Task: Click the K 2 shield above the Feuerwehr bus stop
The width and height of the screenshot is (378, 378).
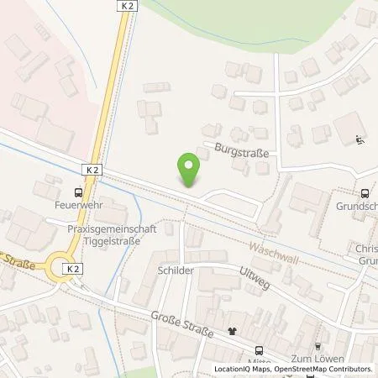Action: (x=91, y=169)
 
